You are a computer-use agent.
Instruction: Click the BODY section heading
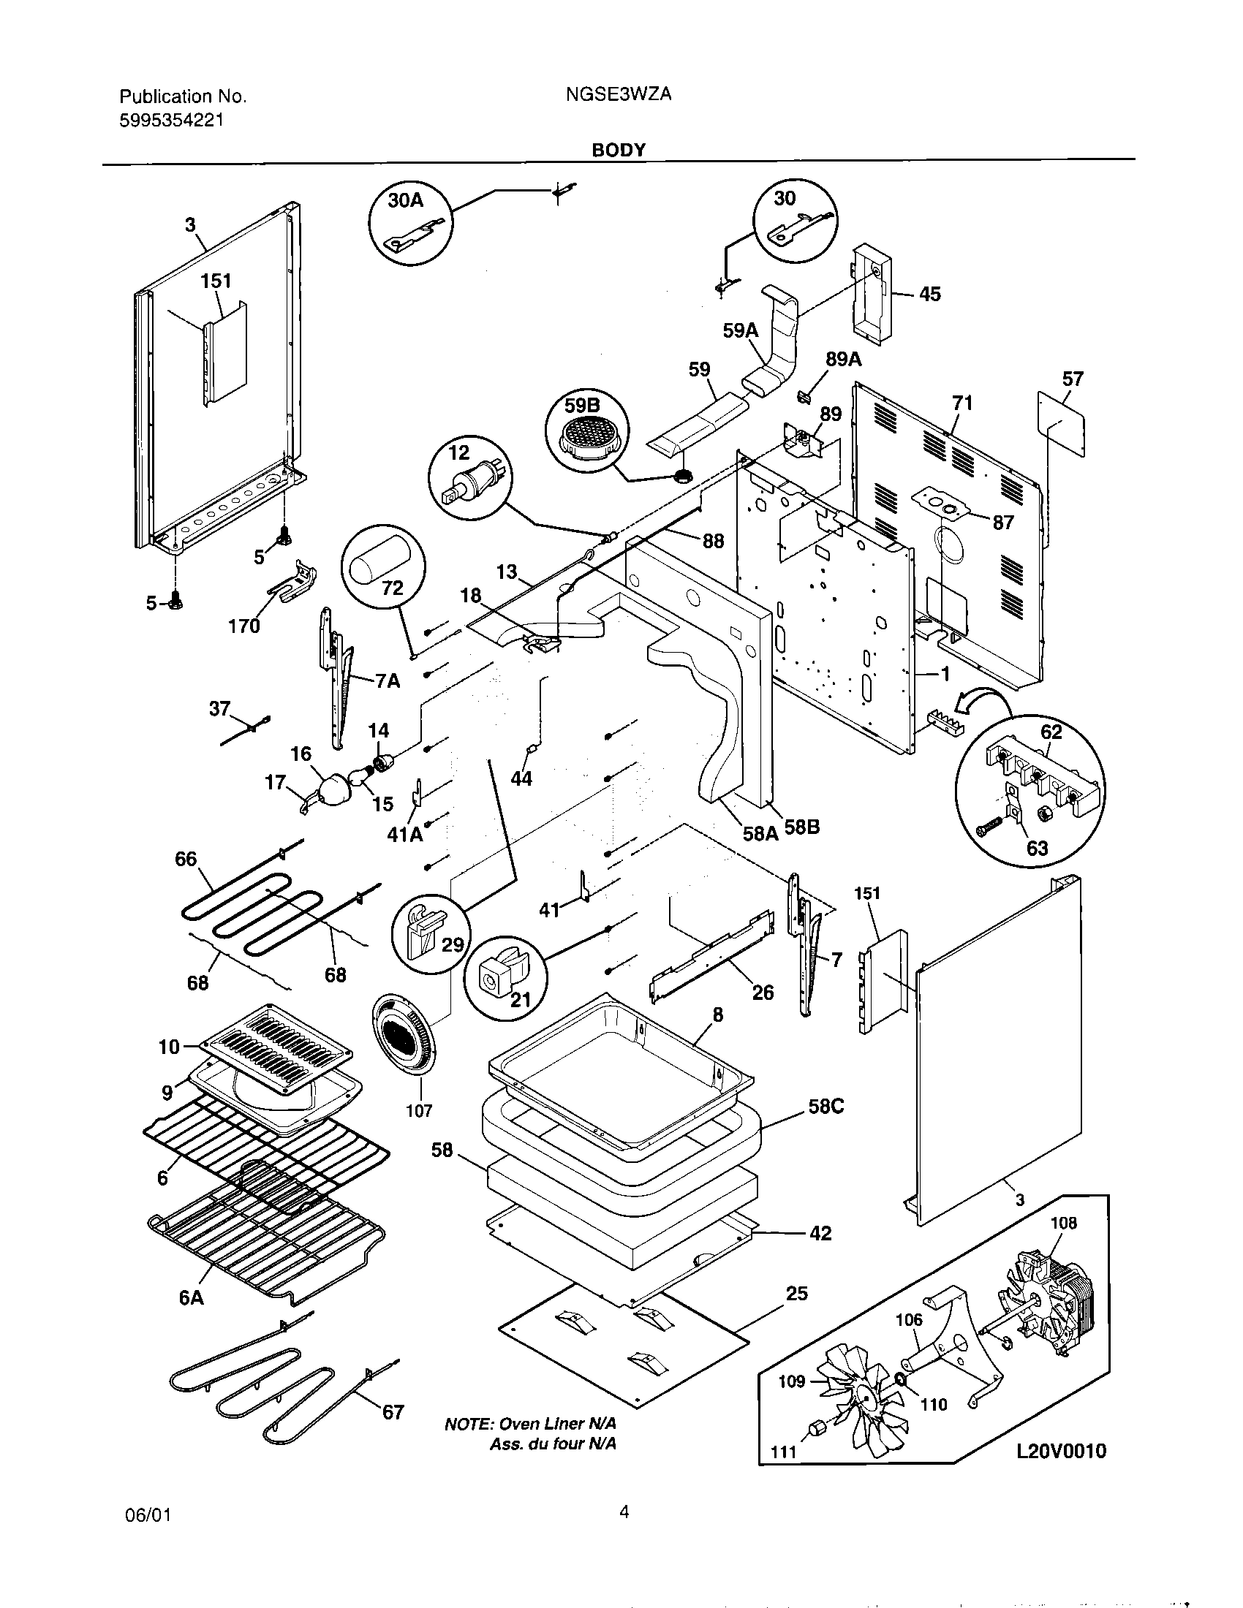point(619,150)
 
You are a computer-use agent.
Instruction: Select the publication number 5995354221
point(171,120)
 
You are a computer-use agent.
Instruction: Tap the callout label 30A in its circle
point(405,201)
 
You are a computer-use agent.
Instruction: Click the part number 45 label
point(930,295)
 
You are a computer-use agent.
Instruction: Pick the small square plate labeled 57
point(1062,423)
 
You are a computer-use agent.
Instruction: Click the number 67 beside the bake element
point(393,1411)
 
